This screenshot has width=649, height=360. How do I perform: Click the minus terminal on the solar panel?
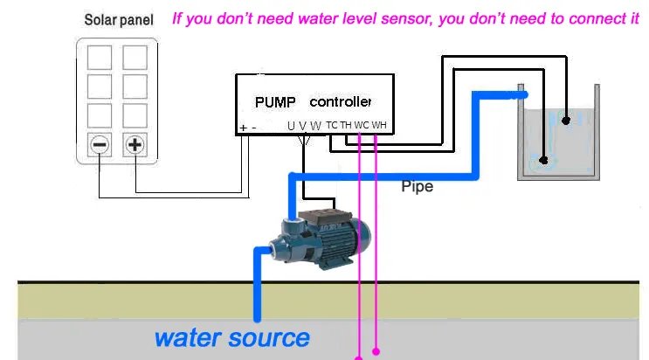point(100,145)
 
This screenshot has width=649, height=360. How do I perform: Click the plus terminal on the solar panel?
point(135,145)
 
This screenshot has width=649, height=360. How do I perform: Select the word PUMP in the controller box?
point(275,101)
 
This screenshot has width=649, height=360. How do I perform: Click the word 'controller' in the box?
point(341,101)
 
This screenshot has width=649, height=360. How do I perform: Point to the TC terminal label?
point(332,125)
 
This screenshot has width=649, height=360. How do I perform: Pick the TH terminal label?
point(346,125)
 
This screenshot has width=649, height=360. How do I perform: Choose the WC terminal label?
point(362,125)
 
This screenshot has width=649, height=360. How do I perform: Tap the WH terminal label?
point(378,125)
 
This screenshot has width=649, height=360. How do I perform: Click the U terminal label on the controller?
point(291,126)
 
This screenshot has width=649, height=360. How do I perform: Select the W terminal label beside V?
point(315,126)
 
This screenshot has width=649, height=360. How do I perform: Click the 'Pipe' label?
point(417,186)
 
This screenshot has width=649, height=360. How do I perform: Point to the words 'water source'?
point(231,337)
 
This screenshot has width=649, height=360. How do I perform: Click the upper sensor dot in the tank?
point(566,120)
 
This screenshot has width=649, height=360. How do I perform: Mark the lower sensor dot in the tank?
point(544,160)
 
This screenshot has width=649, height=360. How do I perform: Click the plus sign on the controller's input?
point(242,128)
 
